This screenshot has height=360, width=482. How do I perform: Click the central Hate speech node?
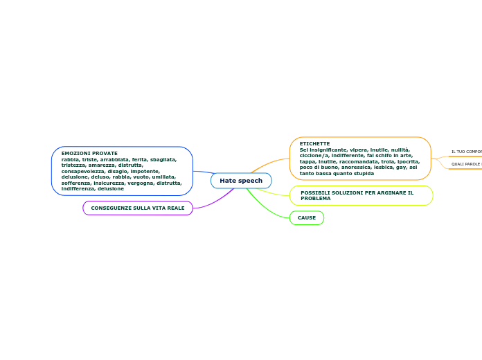click(x=241, y=181)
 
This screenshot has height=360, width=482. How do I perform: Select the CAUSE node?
click(x=306, y=218)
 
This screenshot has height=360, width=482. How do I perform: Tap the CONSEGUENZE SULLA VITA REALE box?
click(x=138, y=208)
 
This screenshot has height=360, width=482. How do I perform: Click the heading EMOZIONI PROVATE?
click(x=89, y=153)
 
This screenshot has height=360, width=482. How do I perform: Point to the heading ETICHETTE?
click(x=314, y=143)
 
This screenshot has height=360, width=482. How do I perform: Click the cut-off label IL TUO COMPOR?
click(x=466, y=152)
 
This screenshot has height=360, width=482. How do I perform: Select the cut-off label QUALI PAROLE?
click(x=465, y=164)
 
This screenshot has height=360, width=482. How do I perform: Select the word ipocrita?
click(x=407, y=161)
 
